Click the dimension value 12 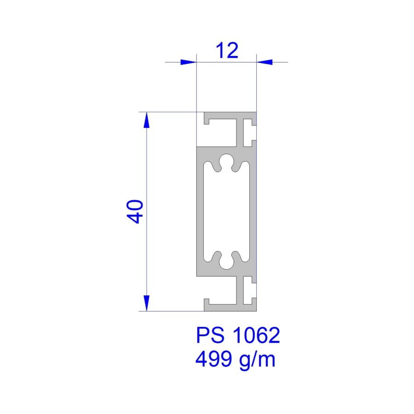[x=227, y=50]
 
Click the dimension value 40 [x=135, y=212]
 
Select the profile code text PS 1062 [x=238, y=335]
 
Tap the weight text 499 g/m [x=235, y=359]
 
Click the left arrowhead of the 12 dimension [x=189, y=62]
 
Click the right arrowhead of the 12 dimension [x=264, y=62]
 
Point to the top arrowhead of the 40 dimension [x=147, y=120]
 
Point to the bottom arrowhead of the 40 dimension [x=147, y=304]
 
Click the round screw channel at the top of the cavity [x=226, y=161]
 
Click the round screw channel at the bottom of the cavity [x=226, y=262]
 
